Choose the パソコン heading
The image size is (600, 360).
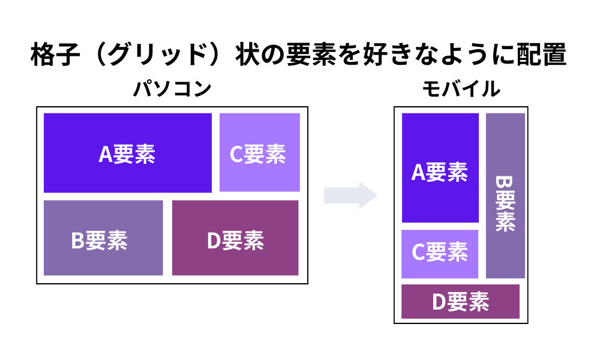click(x=172, y=89)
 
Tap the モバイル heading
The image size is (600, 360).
click(x=461, y=89)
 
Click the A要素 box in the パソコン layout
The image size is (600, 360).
click(x=128, y=153)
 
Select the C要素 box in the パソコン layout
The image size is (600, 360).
click(x=259, y=152)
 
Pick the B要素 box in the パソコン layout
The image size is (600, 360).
click(x=103, y=238)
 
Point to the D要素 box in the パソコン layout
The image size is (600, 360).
click(x=235, y=238)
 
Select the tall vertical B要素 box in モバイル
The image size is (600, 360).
click(x=505, y=196)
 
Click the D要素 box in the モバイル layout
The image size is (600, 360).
click(x=460, y=301)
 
